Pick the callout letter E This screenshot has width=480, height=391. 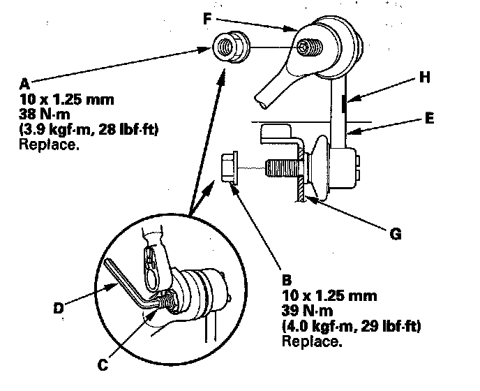pyautogui.click(x=429, y=119)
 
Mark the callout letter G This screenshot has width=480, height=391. pyautogui.click(x=396, y=235)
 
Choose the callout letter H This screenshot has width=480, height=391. pyautogui.click(x=424, y=79)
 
